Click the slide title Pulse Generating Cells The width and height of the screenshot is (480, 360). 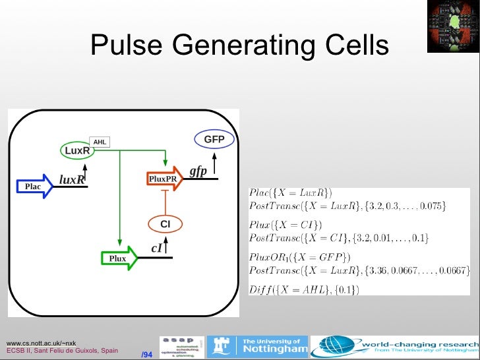(239, 45)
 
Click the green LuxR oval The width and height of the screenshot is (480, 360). (78, 151)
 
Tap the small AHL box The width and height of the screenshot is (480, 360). (100, 142)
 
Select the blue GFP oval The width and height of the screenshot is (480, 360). (214, 140)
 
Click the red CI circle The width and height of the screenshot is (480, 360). (165, 225)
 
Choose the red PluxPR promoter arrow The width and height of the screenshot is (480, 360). (164, 179)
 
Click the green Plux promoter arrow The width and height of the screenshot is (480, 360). (119, 258)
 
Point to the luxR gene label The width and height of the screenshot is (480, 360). (72, 179)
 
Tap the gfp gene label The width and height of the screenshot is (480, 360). (198, 171)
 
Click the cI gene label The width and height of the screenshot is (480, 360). (157, 248)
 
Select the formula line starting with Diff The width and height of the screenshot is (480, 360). (304, 289)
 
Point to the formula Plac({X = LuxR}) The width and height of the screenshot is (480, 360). (291, 193)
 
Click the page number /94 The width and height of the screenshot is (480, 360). (147, 355)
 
